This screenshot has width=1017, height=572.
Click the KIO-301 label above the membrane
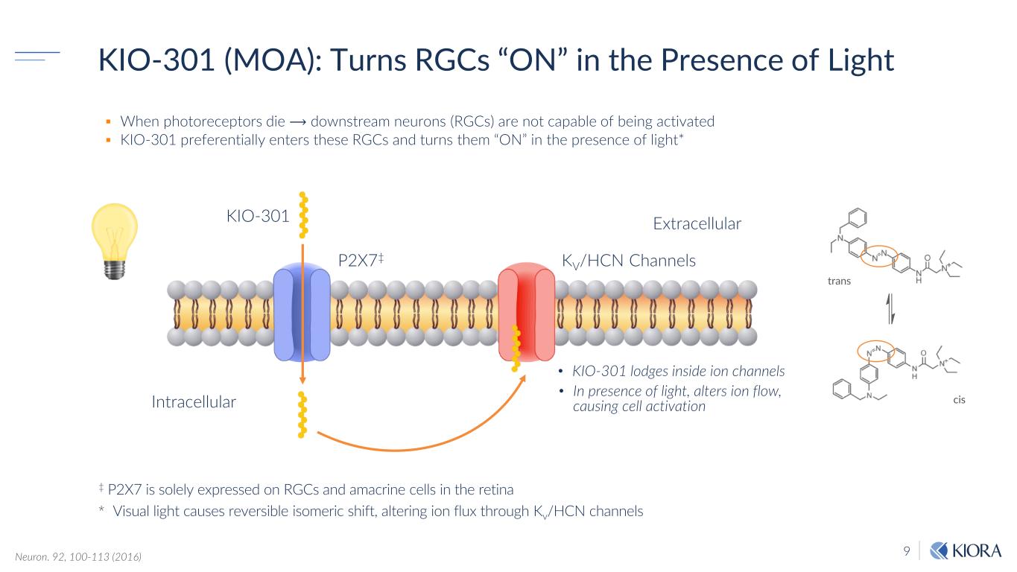point(257,217)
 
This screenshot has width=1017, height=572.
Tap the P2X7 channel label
point(360,260)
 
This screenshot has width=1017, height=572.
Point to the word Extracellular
point(697,223)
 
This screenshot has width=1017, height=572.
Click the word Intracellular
point(194,402)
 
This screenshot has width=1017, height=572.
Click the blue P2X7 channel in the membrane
point(302,313)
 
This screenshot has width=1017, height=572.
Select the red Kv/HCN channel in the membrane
point(526,313)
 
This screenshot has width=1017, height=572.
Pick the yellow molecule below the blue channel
point(302,414)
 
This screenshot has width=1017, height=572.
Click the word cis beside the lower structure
point(959,400)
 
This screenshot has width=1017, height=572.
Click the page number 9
point(907,552)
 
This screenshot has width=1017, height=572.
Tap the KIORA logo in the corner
point(966,552)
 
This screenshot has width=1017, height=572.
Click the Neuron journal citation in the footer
point(78,556)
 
